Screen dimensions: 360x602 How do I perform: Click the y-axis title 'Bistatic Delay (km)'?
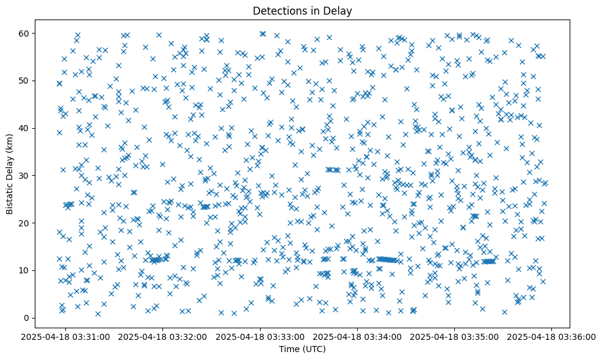point(10,174)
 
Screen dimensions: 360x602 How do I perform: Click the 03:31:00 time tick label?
point(66,336)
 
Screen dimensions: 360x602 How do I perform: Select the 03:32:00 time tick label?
point(163,336)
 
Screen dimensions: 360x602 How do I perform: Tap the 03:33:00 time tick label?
point(261,336)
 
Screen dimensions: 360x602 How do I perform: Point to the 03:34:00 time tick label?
point(358,336)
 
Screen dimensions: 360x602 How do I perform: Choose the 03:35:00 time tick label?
point(455,336)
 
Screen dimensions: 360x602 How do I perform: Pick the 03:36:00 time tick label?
point(552,336)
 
